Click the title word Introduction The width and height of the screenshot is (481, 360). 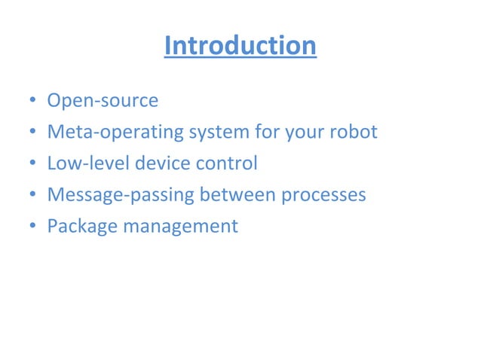(x=240, y=46)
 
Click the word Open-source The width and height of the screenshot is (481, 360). (x=103, y=101)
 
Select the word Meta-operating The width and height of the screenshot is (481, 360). (x=115, y=133)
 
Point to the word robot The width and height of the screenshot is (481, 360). (x=353, y=133)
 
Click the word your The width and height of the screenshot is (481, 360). (x=305, y=133)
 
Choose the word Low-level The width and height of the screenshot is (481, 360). (x=87, y=163)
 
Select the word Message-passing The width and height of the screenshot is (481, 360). (x=121, y=195)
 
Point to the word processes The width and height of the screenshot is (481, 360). (x=323, y=195)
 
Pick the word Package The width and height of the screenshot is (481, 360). (x=81, y=227)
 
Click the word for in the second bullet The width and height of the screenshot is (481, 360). (x=269, y=133)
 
